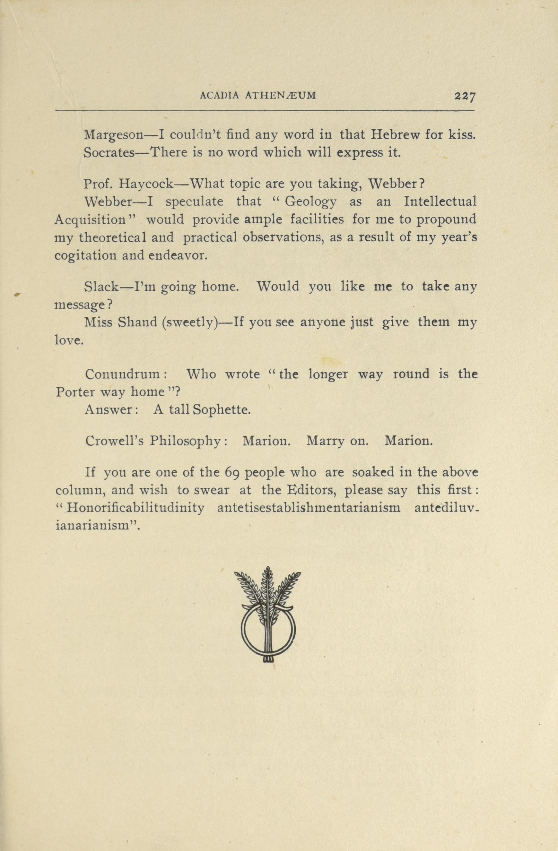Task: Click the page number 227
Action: pyautogui.click(x=465, y=97)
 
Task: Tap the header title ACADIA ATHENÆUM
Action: pyautogui.click(x=258, y=96)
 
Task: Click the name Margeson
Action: pyautogui.click(x=113, y=135)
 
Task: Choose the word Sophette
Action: pyautogui.click(x=222, y=410)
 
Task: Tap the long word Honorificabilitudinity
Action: pyautogui.click(x=135, y=508)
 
